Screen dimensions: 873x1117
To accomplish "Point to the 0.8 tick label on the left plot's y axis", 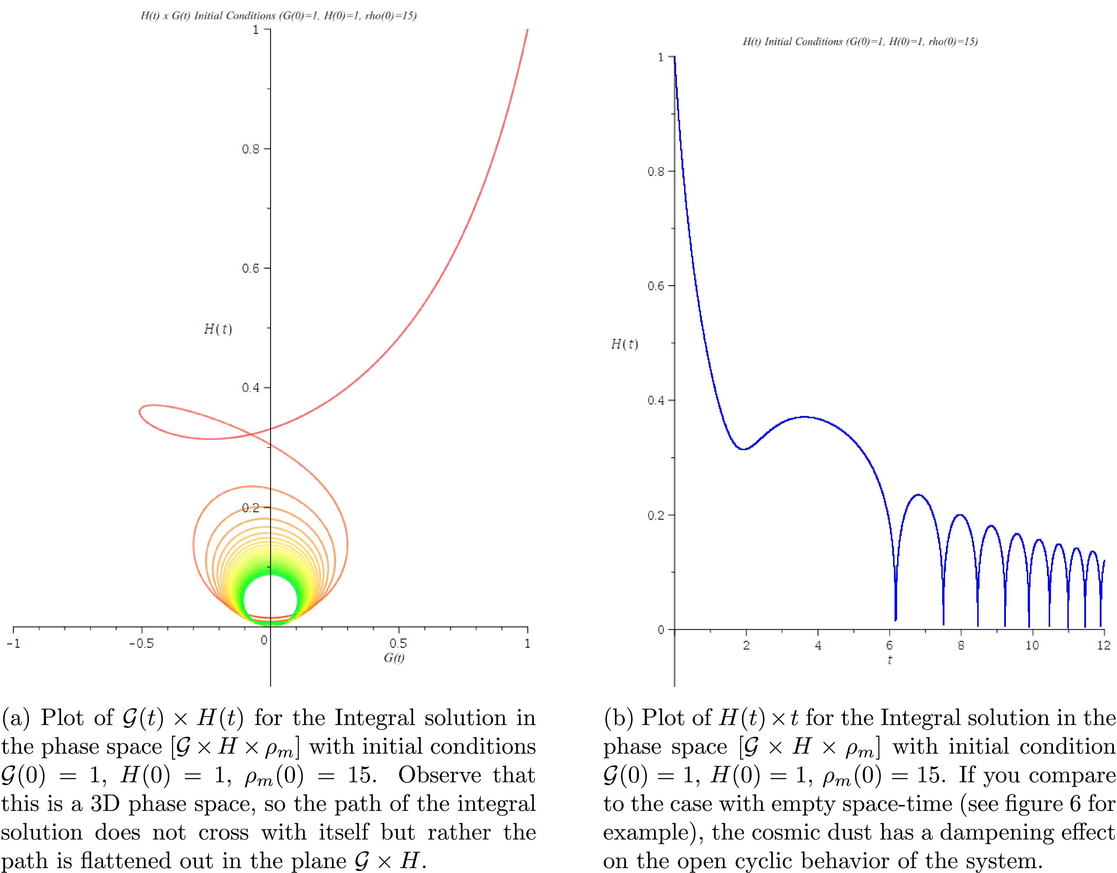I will tap(251, 149).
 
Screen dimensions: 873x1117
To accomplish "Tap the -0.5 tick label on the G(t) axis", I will tap(141, 643).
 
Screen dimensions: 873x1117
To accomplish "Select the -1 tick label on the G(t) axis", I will tap(14, 643).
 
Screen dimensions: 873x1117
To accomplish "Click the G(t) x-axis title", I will tap(394, 658).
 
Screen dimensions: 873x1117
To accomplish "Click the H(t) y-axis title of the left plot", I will tap(218, 329).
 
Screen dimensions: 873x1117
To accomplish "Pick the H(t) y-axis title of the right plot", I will tap(624, 344).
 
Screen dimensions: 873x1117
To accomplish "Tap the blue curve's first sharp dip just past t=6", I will tap(896, 619).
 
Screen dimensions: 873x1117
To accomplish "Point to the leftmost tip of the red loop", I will tap(140, 411).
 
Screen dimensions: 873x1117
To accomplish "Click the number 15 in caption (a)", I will tap(362, 775).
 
